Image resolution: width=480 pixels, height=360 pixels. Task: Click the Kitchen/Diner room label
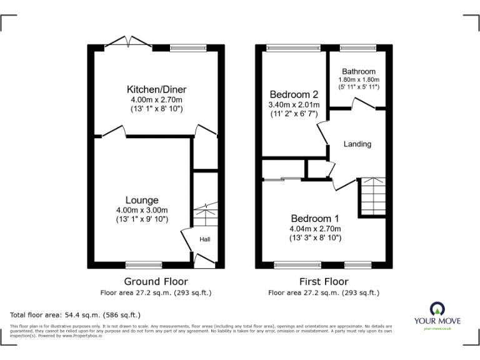(156, 89)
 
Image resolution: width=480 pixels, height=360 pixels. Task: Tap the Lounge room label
(141, 200)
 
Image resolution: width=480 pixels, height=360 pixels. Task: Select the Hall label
(205, 239)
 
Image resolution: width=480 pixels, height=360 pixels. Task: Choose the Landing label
(357, 144)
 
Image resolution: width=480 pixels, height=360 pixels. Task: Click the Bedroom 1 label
(314, 219)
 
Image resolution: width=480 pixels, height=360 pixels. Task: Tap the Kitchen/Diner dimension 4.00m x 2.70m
(156, 100)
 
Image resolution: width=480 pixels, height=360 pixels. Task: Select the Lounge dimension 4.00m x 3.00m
(141, 210)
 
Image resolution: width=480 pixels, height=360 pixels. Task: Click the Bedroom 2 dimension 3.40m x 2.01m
(294, 105)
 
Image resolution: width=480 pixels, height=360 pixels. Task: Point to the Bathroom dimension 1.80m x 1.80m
(358, 80)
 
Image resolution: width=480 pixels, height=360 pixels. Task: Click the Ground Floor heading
(156, 281)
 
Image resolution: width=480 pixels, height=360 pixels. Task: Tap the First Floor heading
(323, 281)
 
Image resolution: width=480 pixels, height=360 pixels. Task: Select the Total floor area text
(76, 315)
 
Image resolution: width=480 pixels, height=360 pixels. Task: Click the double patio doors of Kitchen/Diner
(128, 42)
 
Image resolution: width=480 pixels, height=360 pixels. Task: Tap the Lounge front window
(143, 264)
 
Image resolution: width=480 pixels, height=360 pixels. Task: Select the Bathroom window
(357, 47)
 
